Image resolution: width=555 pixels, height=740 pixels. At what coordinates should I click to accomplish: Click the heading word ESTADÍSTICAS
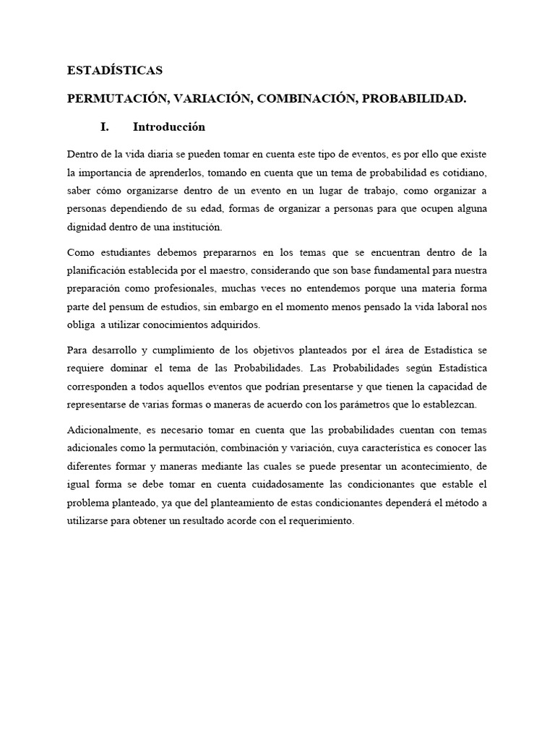(114, 71)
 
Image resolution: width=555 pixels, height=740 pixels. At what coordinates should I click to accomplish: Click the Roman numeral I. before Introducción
(104, 127)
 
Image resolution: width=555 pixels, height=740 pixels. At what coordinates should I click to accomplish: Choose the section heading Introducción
(169, 127)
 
